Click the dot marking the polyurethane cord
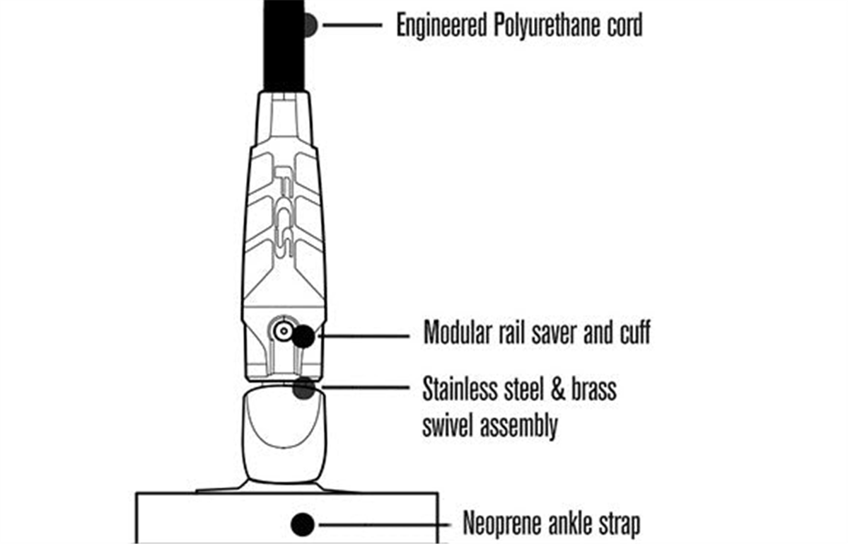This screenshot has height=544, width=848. pyautogui.click(x=308, y=25)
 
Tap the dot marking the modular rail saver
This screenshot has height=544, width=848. pyautogui.click(x=304, y=336)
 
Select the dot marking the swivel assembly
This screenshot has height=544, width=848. pyautogui.click(x=304, y=388)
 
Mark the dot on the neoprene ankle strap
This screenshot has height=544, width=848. pyautogui.click(x=303, y=524)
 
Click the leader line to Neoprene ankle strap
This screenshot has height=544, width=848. pyautogui.click(x=382, y=525)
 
